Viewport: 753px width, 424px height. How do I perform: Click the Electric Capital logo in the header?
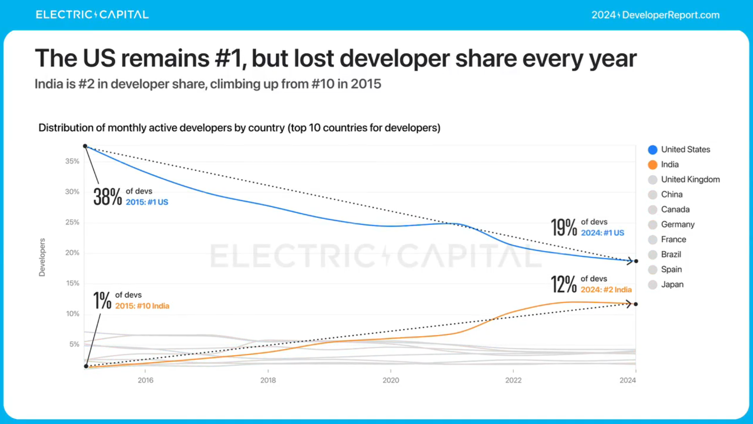pos(92,15)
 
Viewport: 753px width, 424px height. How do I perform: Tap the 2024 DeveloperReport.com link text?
pos(655,15)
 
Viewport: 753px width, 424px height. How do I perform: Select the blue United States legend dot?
pos(653,150)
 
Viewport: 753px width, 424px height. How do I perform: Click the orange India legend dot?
pos(653,165)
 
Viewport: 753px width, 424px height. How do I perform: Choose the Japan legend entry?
pos(672,285)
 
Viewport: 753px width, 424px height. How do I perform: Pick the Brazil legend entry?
pos(671,254)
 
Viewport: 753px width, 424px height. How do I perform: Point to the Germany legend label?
pos(678,225)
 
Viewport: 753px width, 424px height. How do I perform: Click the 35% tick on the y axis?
pos(72,161)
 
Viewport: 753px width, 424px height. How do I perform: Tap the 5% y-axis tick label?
pos(74,344)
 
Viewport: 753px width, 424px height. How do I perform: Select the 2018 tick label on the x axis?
pos(268,380)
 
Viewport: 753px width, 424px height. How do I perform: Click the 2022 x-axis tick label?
pos(513,380)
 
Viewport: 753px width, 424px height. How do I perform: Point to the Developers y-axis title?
pos(42,257)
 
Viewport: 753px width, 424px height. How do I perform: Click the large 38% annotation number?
pos(107,197)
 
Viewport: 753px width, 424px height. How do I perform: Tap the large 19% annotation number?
pos(564,228)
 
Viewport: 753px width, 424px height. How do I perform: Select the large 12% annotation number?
pos(564,284)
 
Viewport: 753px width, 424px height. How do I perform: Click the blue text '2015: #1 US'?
pos(147,202)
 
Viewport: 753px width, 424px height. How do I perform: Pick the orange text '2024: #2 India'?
pos(606,290)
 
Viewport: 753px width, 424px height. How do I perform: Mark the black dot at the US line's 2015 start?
pos(85,146)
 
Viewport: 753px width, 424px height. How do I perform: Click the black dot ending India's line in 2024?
pos(636,304)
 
